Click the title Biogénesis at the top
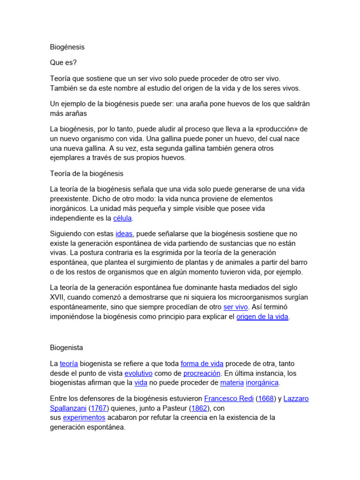tap(67, 47)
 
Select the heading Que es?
tap(63, 62)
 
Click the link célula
tap(123, 218)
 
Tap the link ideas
tap(124, 233)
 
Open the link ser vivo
tap(235, 307)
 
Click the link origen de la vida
tap(262, 317)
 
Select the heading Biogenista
tap(67, 348)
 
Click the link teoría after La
tap(69, 363)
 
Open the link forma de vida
tap(202, 363)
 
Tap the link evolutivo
tap(138, 373)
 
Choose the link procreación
tap(202, 373)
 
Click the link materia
tap(232, 383)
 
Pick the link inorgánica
tap(262, 383)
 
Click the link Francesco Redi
tap(229, 398)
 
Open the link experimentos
tap(84, 418)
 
